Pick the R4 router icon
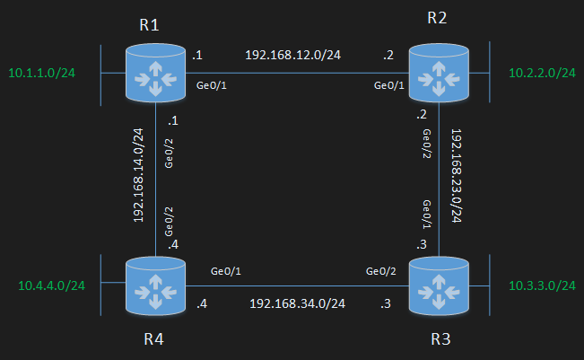(x=155, y=285)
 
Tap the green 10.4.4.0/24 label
(x=52, y=286)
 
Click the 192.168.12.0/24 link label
(x=293, y=55)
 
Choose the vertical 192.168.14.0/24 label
(x=138, y=174)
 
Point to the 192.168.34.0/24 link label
(x=298, y=303)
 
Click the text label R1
(x=149, y=24)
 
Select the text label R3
(x=440, y=339)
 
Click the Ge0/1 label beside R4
(x=226, y=270)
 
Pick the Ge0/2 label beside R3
(x=383, y=270)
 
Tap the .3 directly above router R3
(x=421, y=244)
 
